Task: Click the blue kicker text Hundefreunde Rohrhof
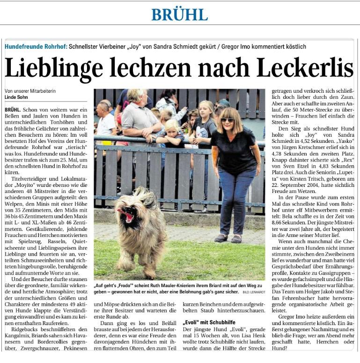pos(36,47)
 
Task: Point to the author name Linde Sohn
pos(16,97)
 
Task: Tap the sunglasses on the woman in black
pos(228,120)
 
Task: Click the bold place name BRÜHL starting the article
pos(13,109)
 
